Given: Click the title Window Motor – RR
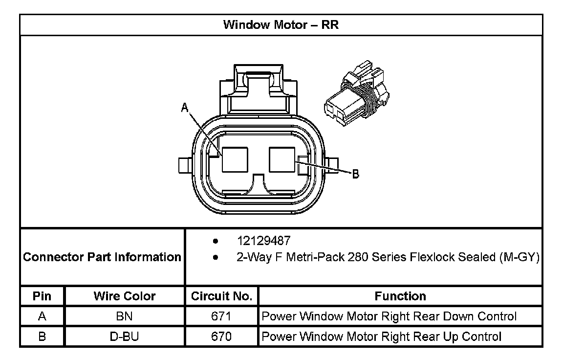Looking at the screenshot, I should [x=281, y=25].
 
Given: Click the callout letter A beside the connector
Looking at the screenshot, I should [x=185, y=107].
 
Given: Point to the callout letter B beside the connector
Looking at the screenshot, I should [x=356, y=174].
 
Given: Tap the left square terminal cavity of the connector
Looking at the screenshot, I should [x=235, y=160].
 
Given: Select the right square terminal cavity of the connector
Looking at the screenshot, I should [x=282, y=160].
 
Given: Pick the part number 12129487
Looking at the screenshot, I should [x=263, y=241].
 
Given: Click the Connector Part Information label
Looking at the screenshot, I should [x=102, y=257].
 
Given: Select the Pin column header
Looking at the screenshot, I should [x=42, y=296].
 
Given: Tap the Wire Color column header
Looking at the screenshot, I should [x=125, y=296].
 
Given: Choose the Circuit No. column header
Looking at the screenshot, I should [x=221, y=296].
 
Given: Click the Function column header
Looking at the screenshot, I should [x=400, y=296].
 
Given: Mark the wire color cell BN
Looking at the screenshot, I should [x=125, y=316].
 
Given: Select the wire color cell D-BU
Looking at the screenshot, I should [x=125, y=337].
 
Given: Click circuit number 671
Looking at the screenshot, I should [x=221, y=316].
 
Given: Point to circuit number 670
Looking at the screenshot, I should [x=221, y=337].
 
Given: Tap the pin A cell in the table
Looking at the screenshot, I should [x=42, y=316].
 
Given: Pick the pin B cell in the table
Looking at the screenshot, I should [x=42, y=337].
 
